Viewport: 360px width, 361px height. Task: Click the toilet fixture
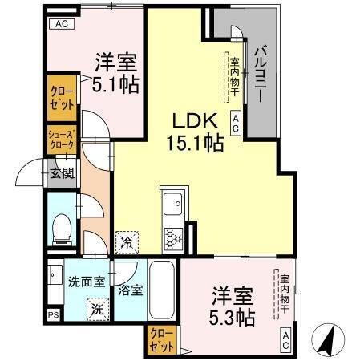(61, 229)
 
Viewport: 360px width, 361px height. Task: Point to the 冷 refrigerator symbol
(127, 240)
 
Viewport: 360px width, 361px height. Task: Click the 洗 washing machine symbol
(95, 308)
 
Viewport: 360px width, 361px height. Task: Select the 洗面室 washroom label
(86, 282)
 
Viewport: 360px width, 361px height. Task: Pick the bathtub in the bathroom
(162, 293)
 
